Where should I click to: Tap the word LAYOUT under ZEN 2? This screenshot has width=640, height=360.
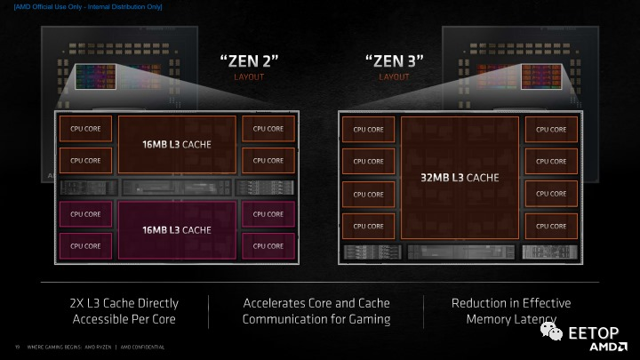point(249,77)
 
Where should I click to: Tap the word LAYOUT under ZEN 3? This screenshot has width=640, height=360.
point(394,77)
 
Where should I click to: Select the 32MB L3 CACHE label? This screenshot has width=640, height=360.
point(460,178)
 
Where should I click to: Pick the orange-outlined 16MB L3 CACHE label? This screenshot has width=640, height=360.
point(177,143)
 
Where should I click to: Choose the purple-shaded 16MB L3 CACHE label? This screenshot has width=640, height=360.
point(177,228)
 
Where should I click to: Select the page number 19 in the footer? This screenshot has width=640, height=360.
point(17,347)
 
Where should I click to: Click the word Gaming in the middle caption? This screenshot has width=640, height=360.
point(368,319)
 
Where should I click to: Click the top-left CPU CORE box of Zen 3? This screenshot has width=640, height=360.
point(368,129)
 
